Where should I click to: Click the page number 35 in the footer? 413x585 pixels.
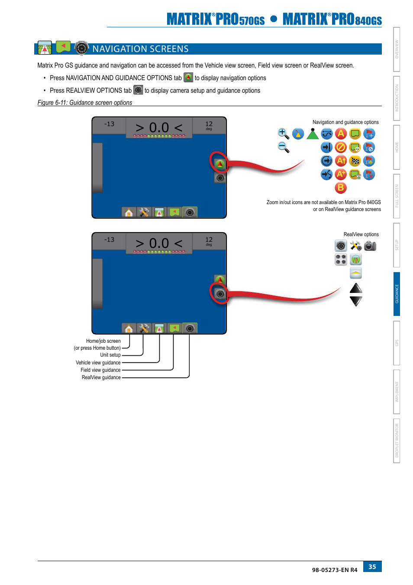(x=372, y=566)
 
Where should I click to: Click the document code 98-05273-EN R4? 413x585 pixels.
(x=335, y=570)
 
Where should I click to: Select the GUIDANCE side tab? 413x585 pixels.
(x=397, y=294)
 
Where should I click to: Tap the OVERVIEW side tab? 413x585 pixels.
(x=397, y=49)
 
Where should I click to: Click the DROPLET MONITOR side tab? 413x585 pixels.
(x=397, y=441)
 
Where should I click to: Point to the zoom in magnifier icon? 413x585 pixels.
(x=283, y=133)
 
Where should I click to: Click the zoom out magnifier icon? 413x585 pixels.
(x=283, y=147)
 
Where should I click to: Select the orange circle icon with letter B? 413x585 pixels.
(x=341, y=188)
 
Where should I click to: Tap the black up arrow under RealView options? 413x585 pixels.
(x=356, y=288)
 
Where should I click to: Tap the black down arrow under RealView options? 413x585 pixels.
(x=356, y=301)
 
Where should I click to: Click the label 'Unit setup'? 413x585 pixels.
(x=110, y=355)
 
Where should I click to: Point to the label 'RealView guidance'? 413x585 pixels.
(x=101, y=377)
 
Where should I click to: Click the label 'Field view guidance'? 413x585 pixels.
(x=100, y=370)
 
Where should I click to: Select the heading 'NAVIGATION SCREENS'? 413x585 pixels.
(x=140, y=49)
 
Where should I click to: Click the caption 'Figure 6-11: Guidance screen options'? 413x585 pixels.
(x=85, y=103)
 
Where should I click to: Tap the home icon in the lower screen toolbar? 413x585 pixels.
(x=129, y=328)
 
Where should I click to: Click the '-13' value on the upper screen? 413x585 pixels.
(x=109, y=124)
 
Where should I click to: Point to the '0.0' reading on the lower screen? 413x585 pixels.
(x=159, y=244)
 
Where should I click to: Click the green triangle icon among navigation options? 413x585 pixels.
(x=313, y=134)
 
